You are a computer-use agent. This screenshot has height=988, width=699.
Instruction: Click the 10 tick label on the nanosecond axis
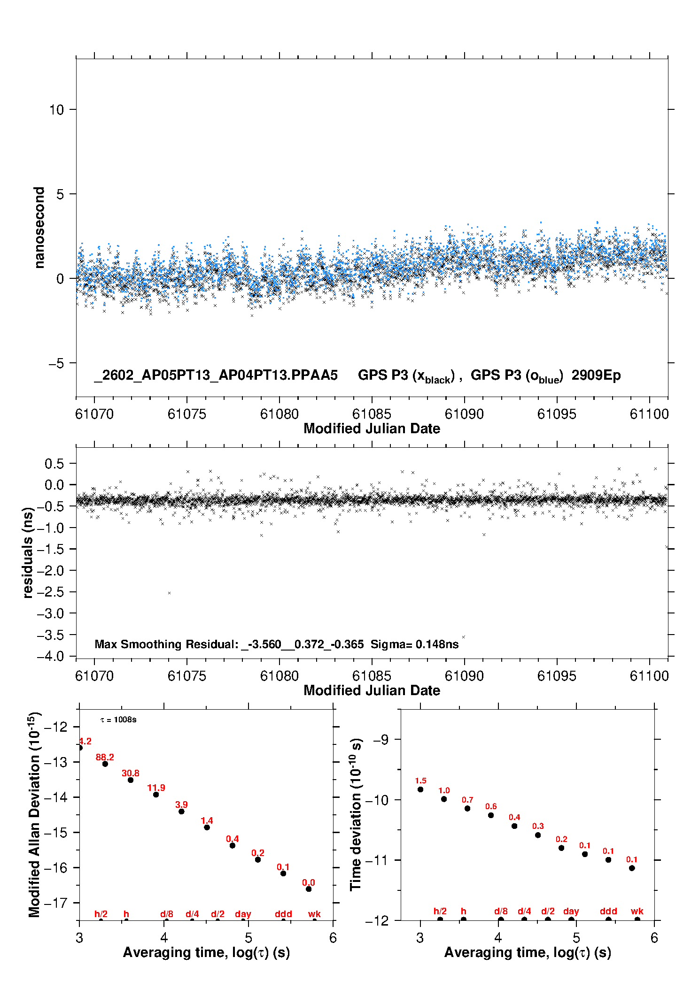point(56,110)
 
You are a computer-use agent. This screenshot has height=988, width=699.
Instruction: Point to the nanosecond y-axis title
point(39,228)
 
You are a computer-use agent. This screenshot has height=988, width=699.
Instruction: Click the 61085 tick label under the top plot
point(372,414)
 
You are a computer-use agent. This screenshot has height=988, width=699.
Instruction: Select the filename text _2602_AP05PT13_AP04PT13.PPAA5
point(216,375)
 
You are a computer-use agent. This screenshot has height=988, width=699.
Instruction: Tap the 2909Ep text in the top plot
point(596,375)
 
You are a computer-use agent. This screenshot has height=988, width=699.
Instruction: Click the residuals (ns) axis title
point(28,552)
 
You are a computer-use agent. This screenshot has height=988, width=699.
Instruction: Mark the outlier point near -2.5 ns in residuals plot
point(170,593)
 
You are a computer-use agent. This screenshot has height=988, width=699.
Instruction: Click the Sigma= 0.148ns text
point(414,644)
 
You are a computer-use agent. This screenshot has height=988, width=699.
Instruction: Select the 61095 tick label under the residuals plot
point(557,676)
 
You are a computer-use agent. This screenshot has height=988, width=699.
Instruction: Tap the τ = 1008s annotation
point(118,720)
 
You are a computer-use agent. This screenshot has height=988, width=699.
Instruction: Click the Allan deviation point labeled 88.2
point(105,764)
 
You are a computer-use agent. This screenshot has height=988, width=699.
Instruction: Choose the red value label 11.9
point(156,788)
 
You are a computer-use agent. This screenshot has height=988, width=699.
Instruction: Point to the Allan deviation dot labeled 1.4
point(207,827)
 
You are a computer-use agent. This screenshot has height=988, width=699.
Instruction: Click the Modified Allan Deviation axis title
point(35,815)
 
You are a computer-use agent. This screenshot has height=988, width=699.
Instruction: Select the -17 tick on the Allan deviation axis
point(55,903)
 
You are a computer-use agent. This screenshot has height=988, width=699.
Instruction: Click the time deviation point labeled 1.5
point(420,789)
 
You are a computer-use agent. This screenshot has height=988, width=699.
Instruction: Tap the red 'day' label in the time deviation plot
point(571,911)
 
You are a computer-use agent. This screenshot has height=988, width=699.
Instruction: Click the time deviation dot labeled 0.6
point(491,815)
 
